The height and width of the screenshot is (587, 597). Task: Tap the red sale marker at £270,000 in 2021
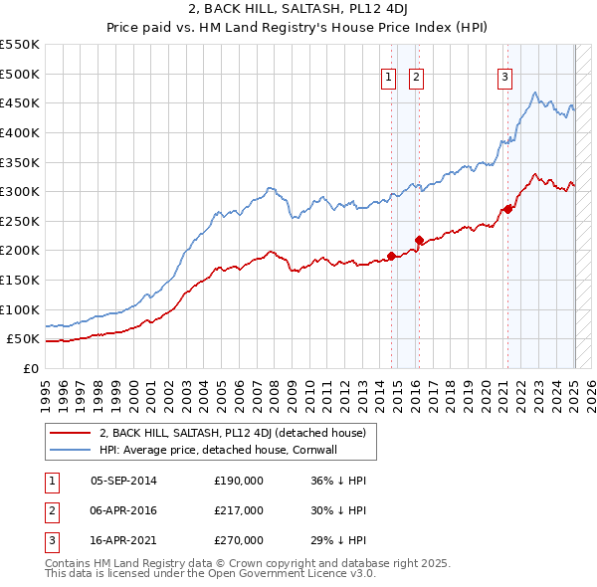508,209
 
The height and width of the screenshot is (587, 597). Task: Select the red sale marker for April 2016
419,240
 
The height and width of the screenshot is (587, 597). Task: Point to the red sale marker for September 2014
391,256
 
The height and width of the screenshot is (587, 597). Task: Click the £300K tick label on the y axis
20,191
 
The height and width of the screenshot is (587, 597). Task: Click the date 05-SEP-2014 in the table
123,482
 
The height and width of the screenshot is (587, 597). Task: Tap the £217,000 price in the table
238,510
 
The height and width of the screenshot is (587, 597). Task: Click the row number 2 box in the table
50,510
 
